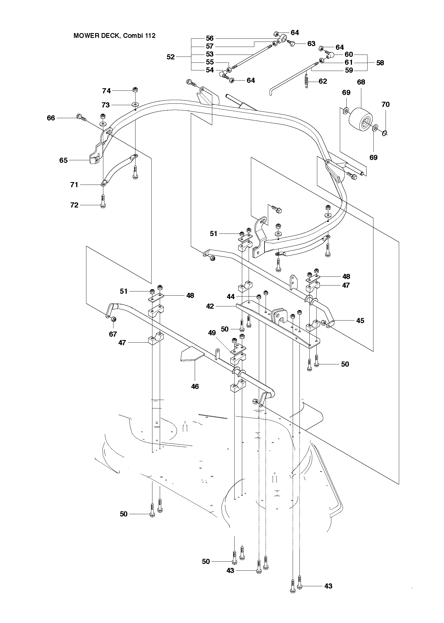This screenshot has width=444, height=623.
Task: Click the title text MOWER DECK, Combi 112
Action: pyautogui.click(x=114, y=36)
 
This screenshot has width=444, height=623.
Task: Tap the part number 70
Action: pyautogui.click(x=385, y=104)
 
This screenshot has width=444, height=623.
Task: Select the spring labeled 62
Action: pyautogui.click(x=307, y=81)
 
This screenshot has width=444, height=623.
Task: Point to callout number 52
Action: pyautogui.click(x=170, y=57)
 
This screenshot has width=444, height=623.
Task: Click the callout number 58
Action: pyautogui.click(x=380, y=63)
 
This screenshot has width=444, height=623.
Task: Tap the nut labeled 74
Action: pyautogui.click(x=135, y=90)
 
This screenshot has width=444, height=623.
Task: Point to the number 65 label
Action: pyautogui.click(x=64, y=160)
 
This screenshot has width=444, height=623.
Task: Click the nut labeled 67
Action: pyautogui.click(x=114, y=319)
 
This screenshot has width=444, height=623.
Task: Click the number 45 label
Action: pyautogui.click(x=360, y=321)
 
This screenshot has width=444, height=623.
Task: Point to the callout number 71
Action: pyautogui.click(x=74, y=185)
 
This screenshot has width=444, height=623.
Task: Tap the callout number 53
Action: pyautogui.click(x=209, y=54)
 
